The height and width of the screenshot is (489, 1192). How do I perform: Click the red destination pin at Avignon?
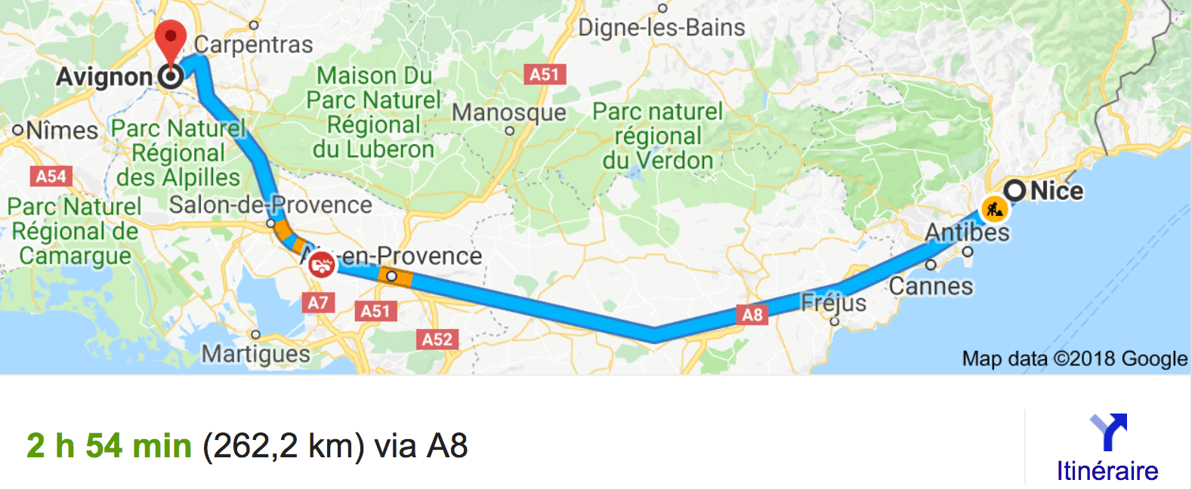[171, 39]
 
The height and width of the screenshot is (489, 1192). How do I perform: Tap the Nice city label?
[1056, 191]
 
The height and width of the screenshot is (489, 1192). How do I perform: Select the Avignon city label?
[104, 77]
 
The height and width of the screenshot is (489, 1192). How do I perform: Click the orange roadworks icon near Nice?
[994, 209]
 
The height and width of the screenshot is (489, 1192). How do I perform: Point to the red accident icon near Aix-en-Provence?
[322, 265]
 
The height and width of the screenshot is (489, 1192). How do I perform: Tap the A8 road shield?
[752, 315]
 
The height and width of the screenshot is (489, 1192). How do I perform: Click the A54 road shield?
[51, 177]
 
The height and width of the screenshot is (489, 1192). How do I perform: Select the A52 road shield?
[437, 340]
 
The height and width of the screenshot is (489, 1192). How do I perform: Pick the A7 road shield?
[318, 303]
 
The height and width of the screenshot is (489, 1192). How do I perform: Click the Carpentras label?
[253, 45]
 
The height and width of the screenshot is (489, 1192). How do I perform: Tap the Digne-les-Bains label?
[661, 28]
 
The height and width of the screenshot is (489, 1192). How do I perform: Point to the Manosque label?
[508, 112]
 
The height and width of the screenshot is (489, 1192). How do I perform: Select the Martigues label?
[255, 353]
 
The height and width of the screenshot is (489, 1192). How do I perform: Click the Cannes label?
[931, 286]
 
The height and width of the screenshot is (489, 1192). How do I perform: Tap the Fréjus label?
[833, 303]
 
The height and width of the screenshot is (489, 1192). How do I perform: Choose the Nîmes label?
[62, 131]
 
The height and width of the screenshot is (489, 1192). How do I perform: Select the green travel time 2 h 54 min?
[109, 446]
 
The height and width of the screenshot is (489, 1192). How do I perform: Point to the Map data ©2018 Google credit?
[1074, 358]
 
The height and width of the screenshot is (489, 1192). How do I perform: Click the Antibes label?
[967, 232]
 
